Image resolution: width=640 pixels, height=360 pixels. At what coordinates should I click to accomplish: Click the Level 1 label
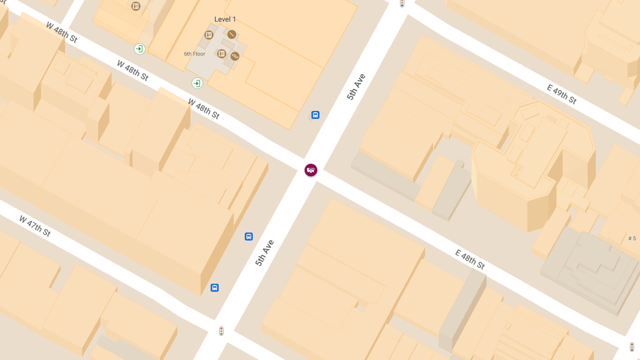point(225,19)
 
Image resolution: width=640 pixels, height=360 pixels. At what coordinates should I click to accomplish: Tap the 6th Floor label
point(195,54)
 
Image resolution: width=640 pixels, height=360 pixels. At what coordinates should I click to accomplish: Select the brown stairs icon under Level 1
point(231,34)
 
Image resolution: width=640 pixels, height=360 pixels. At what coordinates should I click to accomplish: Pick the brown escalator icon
point(235,56)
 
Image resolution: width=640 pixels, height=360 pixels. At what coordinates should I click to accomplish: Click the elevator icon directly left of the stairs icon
point(209,35)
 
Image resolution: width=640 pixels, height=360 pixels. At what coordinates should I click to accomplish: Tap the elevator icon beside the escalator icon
point(221,53)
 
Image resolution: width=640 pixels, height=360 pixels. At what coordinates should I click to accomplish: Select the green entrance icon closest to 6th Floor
point(197,83)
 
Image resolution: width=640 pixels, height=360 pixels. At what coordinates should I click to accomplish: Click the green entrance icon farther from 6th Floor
point(139,49)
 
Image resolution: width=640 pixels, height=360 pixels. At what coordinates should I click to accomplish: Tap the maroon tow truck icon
point(310,170)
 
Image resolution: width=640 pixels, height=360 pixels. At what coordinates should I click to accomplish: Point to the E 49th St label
point(562,94)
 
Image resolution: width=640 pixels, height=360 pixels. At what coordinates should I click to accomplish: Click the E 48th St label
point(470,259)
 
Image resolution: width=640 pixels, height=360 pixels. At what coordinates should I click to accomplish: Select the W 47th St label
point(35,226)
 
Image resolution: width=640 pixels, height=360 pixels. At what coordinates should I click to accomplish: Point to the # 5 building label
point(632,238)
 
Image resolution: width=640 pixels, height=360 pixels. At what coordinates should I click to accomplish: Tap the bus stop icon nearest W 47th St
point(214,287)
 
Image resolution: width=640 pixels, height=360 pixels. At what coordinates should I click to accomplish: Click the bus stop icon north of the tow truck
point(315,115)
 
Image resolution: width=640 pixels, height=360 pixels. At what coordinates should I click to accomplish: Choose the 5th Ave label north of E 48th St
point(356,87)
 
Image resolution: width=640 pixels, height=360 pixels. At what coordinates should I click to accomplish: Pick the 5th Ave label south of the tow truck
point(265,253)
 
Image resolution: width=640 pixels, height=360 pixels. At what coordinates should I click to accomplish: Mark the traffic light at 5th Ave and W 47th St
point(221,331)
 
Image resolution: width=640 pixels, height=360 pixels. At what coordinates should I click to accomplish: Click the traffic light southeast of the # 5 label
point(632,347)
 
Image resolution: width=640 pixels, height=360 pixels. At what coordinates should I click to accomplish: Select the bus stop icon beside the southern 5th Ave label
point(249,236)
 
